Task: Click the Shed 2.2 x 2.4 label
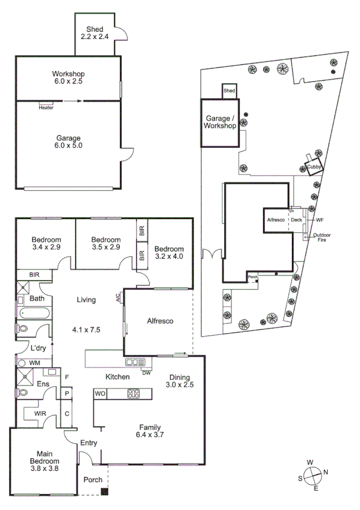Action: click(x=94, y=32)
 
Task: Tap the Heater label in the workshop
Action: click(x=46, y=108)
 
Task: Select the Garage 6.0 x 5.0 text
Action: click(x=69, y=141)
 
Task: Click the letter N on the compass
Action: click(x=326, y=472)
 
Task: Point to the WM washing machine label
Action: click(x=34, y=363)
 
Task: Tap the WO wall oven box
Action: click(x=100, y=394)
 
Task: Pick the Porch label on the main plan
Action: click(x=93, y=480)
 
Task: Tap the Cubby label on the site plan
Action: click(x=314, y=167)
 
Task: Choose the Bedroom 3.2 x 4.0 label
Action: click(x=168, y=253)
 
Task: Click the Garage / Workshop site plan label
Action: click(x=221, y=123)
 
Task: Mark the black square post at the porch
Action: click(x=105, y=492)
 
